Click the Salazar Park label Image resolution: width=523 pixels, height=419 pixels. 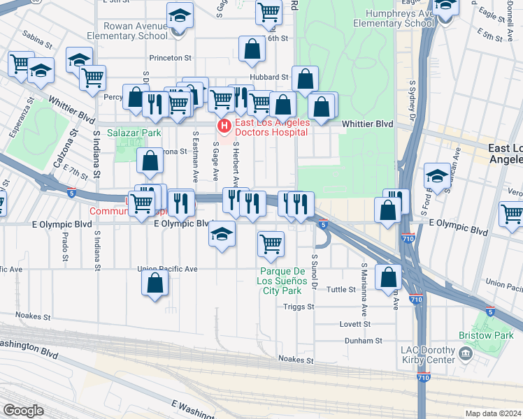point(134,132)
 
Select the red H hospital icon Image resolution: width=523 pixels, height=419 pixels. point(224,126)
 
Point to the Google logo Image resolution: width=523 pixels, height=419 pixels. point(23,411)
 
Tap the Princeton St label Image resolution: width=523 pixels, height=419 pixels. point(170,58)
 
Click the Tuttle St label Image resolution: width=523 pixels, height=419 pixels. point(342,289)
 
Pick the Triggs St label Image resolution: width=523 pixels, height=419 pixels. point(299,307)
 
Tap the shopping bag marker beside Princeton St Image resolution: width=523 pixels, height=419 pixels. point(252,49)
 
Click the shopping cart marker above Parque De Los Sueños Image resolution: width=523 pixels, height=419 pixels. point(271,244)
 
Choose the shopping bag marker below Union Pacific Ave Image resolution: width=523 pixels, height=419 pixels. point(155,282)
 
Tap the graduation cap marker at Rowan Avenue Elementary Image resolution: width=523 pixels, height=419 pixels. point(180,15)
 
